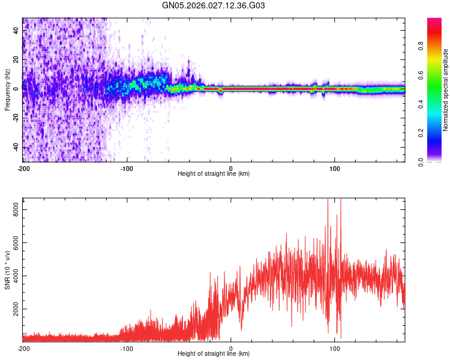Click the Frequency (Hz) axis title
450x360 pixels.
pos(7,89)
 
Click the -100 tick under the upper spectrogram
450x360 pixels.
pos(127,167)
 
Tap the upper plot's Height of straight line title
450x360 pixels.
pos(214,174)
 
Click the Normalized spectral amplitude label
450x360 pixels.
pos(446,90)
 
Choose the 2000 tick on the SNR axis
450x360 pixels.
pos(13,310)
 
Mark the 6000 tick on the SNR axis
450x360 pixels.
pos(13,242)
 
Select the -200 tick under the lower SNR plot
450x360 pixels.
pos(23,348)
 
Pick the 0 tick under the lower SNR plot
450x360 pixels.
pos(231,348)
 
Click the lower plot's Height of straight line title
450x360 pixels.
pos(214,355)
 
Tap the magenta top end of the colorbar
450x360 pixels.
pos(434,20)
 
